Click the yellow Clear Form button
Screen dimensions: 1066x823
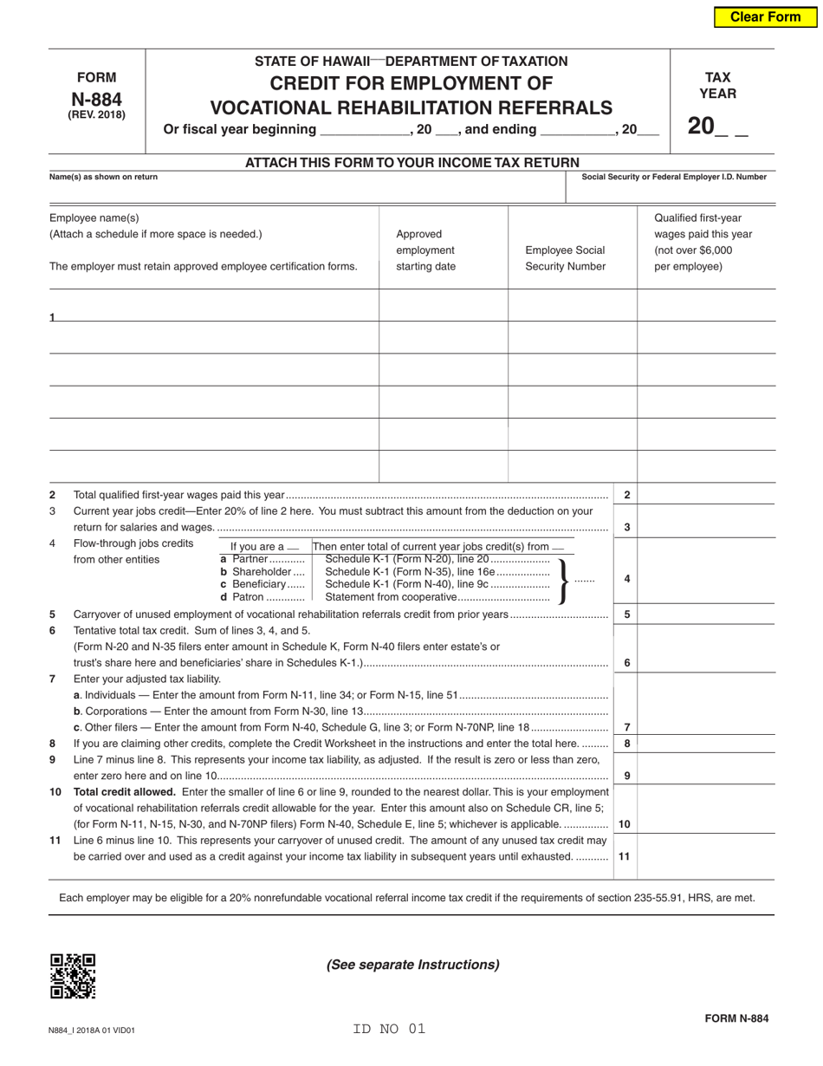click(x=765, y=17)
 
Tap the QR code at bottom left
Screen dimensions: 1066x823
click(x=73, y=976)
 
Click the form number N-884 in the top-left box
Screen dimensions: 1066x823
click(x=96, y=99)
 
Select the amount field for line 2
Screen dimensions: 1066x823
click(x=706, y=495)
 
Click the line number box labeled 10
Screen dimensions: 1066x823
click(x=625, y=824)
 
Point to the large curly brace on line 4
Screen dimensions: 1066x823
click(x=563, y=580)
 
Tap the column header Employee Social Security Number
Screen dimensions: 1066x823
click(x=565, y=258)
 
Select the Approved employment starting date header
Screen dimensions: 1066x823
click(x=425, y=250)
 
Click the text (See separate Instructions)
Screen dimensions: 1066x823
click(x=412, y=965)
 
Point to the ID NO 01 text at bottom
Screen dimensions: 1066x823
click(x=389, y=1029)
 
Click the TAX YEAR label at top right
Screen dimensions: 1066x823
click(x=717, y=85)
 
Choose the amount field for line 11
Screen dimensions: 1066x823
click(x=706, y=855)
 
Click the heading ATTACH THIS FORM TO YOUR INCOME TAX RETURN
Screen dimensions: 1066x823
click(x=411, y=162)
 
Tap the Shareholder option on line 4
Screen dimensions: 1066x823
click(x=262, y=572)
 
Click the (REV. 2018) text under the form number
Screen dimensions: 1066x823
click(x=96, y=115)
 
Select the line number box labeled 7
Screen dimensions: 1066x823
click(x=625, y=727)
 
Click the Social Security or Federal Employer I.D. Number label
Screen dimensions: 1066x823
click(x=673, y=177)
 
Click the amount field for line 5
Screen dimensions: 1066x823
click(x=706, y=614)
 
